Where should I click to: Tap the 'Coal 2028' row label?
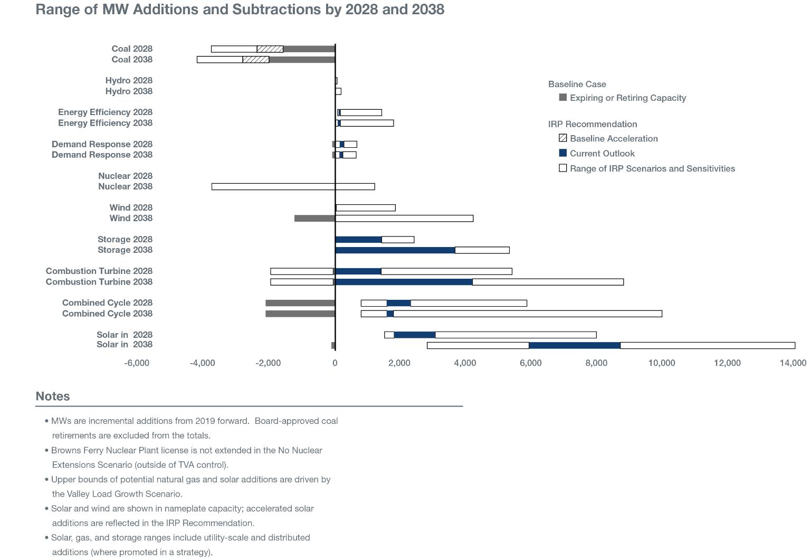[x=131, y=49]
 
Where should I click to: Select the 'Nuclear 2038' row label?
[x=125, y=186]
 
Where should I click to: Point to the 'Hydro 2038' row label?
[x=129, y=91]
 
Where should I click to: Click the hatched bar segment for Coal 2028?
[x=270, y=49]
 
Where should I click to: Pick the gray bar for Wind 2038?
[x=314, y=219]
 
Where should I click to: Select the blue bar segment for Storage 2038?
[x=395, y=250]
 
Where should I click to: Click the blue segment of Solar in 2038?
[x=574, y=346]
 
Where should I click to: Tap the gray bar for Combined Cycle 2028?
[x=300, y=303]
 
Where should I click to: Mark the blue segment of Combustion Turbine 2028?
[x=358, y=271]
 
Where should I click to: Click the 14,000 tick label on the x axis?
[x=793, y=363]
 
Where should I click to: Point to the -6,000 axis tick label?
[x=137, y=363]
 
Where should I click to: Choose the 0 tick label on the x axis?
[x=335, y=363]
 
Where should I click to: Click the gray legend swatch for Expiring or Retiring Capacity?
[x=563, y=98]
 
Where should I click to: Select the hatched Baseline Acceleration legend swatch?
[x=563, y=138]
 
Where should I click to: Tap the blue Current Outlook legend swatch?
[x=563, y=153]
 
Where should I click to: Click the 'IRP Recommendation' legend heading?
[x=593, y=124]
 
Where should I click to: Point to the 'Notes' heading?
[x=53, y=396]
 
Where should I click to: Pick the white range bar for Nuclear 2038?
[x=293, y=187]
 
